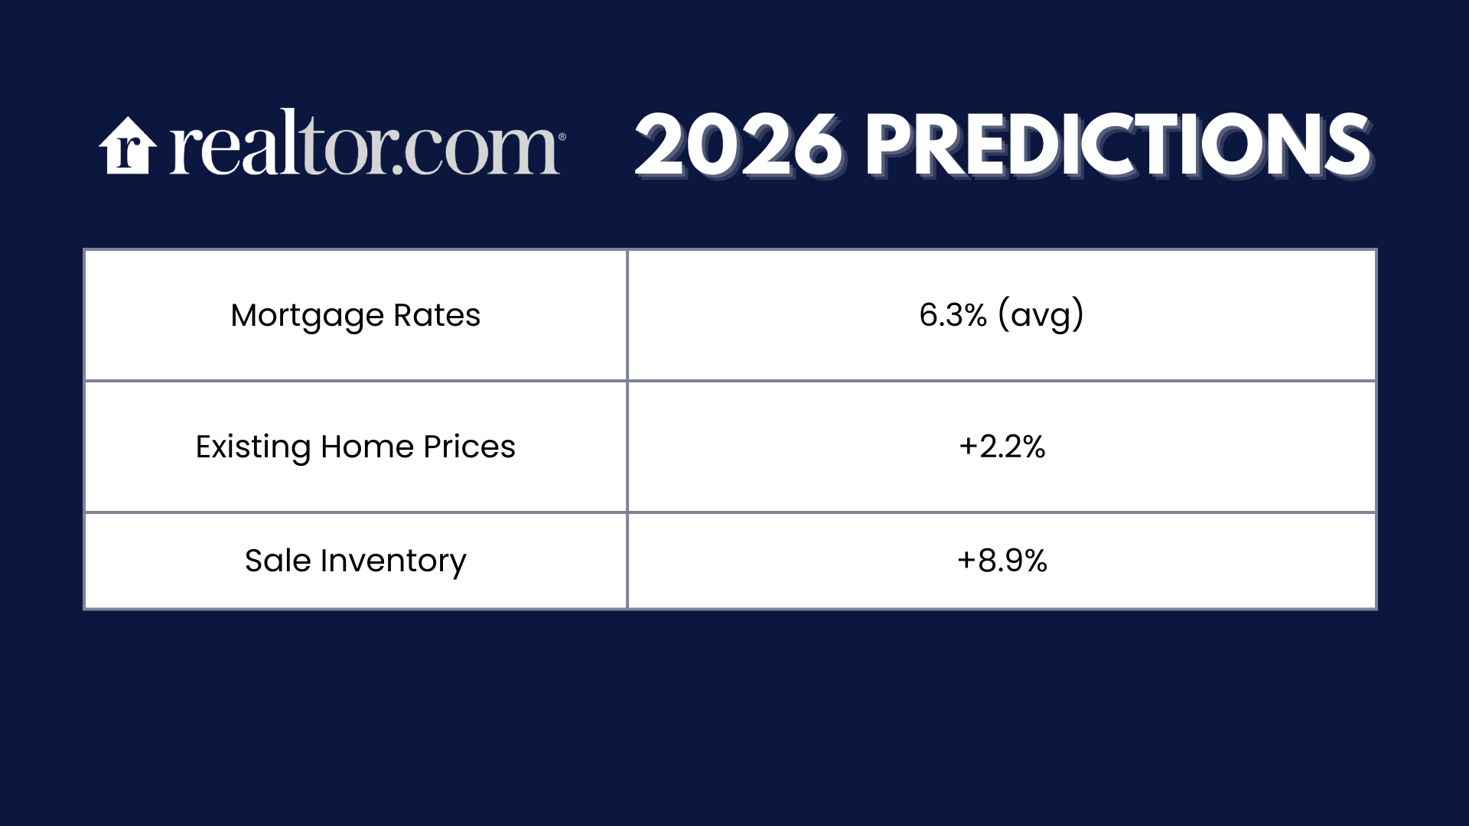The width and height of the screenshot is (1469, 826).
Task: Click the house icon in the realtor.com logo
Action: pos(128,145)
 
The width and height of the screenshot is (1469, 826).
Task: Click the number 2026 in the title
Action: pos(738,145)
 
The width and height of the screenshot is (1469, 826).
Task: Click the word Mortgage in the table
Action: pos(308,317)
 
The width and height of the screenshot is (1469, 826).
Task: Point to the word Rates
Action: pos(437,315)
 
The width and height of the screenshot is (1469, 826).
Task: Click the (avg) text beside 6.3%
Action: pos(1041,316)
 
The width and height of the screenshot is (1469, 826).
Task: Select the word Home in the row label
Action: pos(367,447)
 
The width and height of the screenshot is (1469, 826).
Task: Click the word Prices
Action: pos(470,447)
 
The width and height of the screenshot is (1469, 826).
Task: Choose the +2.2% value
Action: pos(1002,447)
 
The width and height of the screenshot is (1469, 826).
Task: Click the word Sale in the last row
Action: pos(278,561)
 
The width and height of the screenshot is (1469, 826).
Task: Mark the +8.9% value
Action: pos(1002,561)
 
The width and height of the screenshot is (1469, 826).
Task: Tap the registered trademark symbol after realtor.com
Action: pos(562,137)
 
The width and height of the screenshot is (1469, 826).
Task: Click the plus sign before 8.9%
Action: pos(966,561)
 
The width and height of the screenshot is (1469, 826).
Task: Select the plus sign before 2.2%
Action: pos(968,447)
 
